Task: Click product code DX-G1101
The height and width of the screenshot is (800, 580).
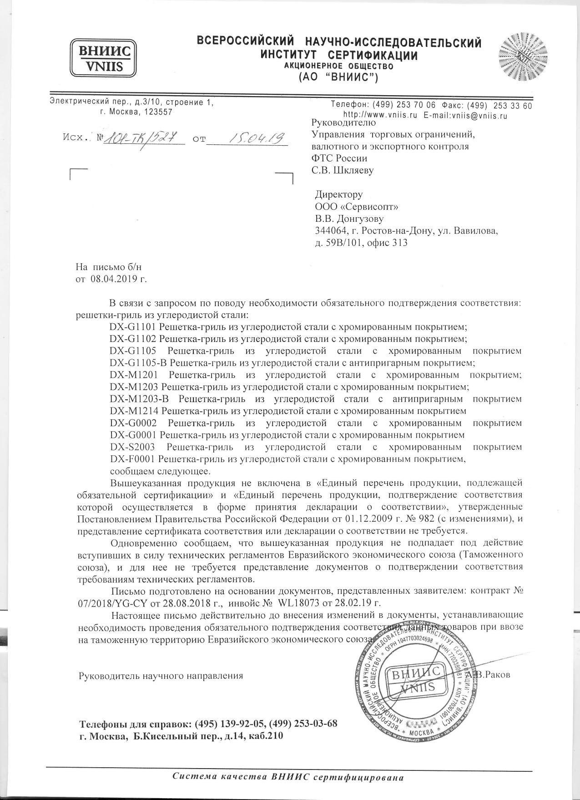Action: click(133, 327)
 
